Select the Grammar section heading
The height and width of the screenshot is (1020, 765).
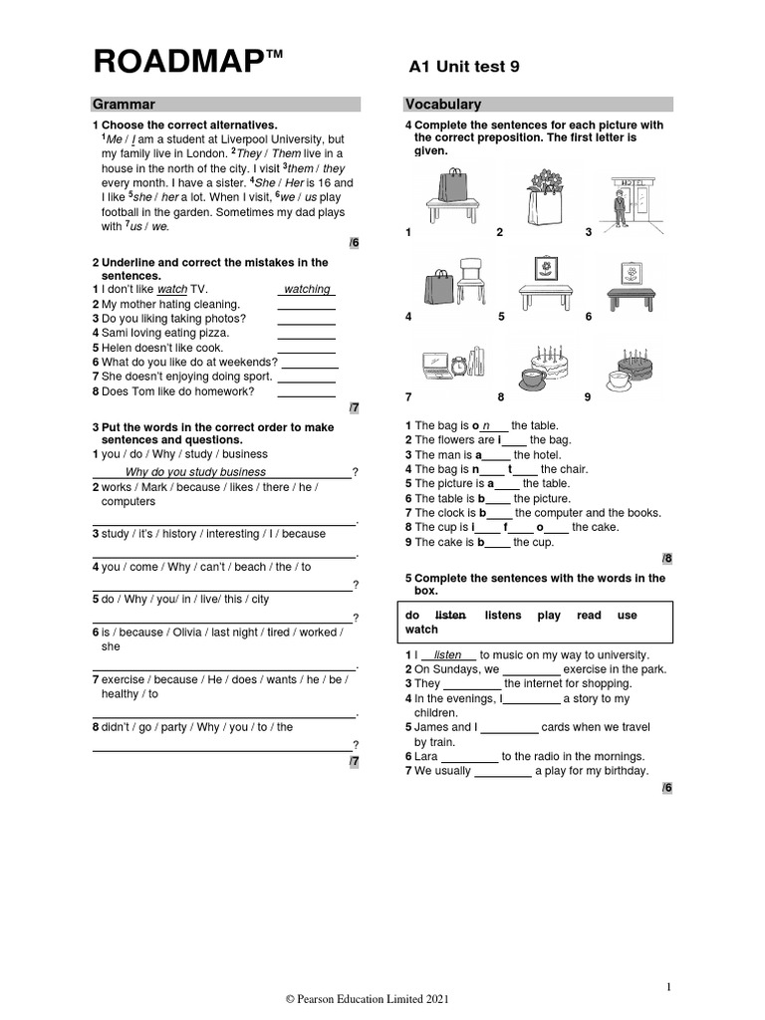(x=124, y=104)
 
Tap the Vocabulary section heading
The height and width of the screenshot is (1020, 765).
(x=443, y=104)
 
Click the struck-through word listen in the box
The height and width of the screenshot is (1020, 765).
(x=451, y=616)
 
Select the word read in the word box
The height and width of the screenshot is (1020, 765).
(x=589, y=616)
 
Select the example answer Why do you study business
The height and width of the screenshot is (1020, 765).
(x=195, y=472)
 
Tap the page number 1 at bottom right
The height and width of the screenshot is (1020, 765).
(x=669, y=987)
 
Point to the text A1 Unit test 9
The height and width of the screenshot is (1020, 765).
(x=464, y=67)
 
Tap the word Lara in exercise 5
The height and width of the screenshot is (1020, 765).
(x=426, y=756)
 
